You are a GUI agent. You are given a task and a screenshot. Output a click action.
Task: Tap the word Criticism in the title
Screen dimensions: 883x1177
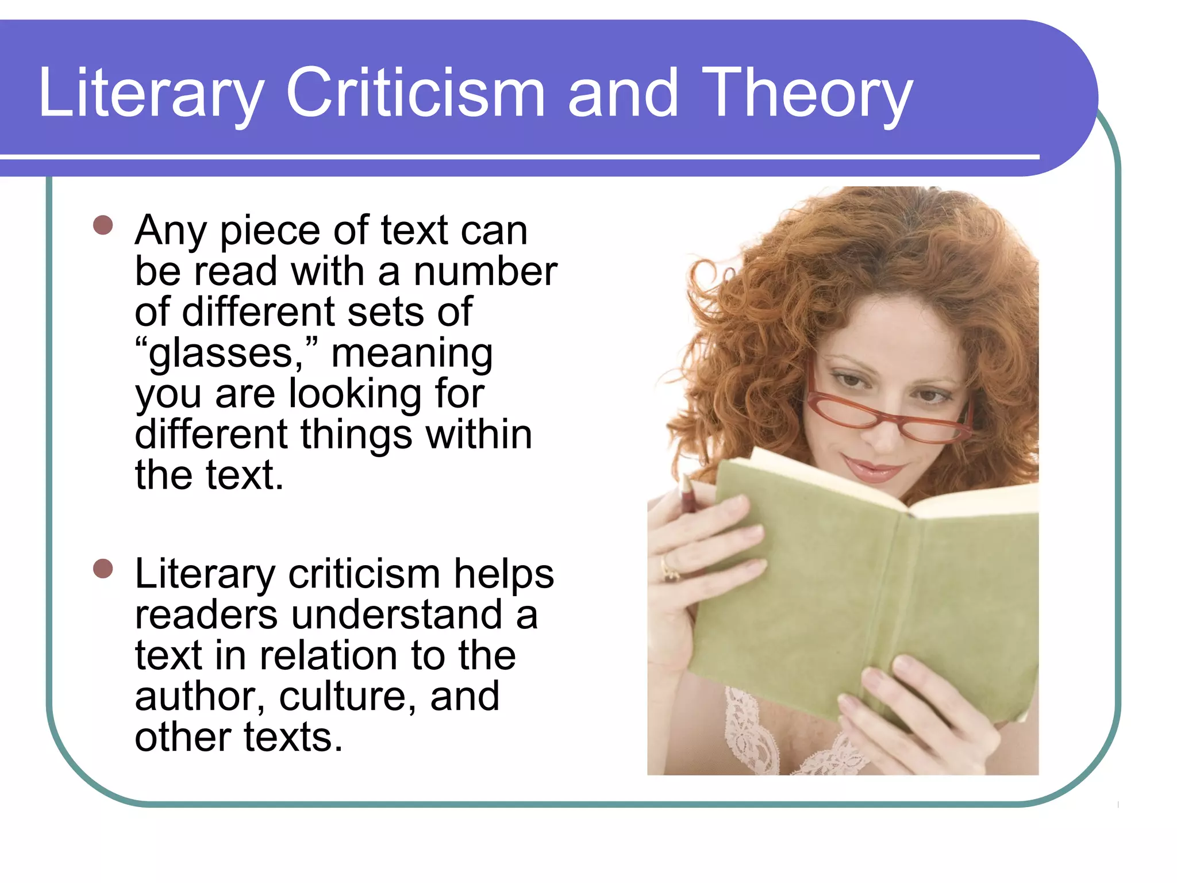pyautogui.click(x=415, y=93)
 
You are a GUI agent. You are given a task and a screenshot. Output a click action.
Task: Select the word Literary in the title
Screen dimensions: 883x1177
pyautogui.click(x=151, y=93)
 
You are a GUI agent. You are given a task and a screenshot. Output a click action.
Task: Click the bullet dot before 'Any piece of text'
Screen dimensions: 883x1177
pyautogui.click(x=103, y=225)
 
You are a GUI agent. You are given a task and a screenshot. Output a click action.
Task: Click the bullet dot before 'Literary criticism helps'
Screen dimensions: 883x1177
pyautogui.click(x=103, y=569)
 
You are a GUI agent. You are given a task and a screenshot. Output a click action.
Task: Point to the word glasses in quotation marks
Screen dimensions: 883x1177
pyautogui.click(x=222, y=353)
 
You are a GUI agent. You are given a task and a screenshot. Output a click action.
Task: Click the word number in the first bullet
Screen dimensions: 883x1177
pyautogui.click(x=486, y=271)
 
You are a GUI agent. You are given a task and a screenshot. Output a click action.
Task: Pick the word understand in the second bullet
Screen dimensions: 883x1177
pyautogui.click(x=397, y=615)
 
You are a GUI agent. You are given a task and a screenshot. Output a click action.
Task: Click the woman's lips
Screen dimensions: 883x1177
pyautogui.click(x=873, y=470)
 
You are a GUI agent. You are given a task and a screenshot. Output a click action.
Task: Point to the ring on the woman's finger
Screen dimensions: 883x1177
pyautogui.click(x=668, y=567)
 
